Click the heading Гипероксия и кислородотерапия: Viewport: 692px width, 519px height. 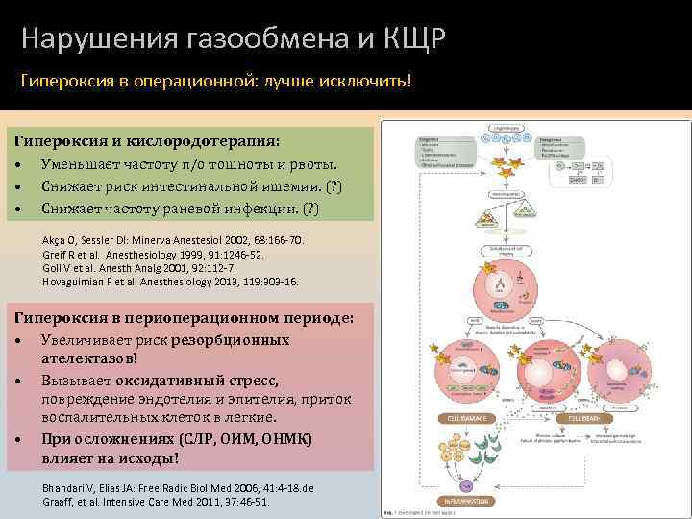pos(147,141)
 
